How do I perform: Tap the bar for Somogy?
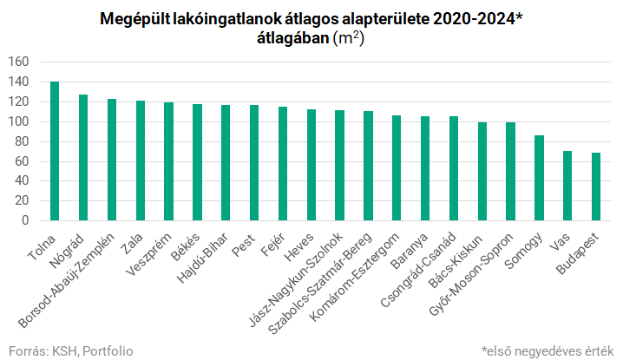539,178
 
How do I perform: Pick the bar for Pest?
254,162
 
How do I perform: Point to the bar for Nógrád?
83,157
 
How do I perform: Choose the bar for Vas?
567,186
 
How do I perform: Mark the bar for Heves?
311,165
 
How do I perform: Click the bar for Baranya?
425,168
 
